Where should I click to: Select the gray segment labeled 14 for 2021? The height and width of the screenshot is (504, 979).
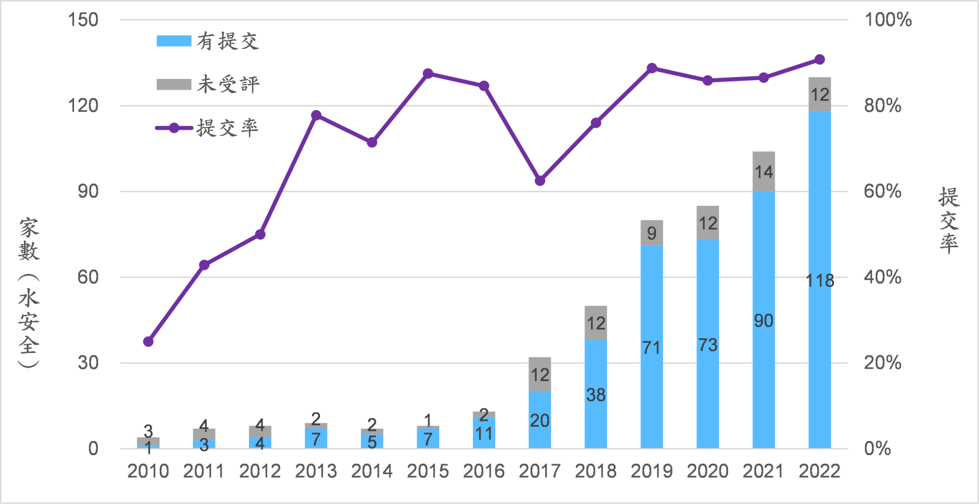764,172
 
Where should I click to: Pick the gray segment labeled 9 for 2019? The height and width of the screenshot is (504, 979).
652,233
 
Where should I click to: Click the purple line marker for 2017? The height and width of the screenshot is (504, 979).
540,181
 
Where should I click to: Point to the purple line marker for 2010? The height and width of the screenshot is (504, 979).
148,342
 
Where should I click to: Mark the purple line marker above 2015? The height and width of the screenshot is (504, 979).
428,74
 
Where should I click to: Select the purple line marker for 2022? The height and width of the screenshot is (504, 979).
820,60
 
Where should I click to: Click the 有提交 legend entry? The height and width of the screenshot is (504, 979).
208,41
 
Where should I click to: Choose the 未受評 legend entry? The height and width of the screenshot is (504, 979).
208,84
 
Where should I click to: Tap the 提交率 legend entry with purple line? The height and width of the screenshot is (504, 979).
208,128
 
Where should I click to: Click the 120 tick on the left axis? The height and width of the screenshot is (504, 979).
83,106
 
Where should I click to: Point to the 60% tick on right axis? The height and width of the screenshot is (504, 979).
882,191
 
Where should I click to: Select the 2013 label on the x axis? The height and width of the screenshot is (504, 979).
316,471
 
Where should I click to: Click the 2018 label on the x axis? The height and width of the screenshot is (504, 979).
595,471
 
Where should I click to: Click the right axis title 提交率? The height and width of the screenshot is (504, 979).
948,220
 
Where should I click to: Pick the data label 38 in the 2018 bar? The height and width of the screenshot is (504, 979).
595,395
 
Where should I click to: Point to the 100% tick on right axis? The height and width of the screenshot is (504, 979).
887,20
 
